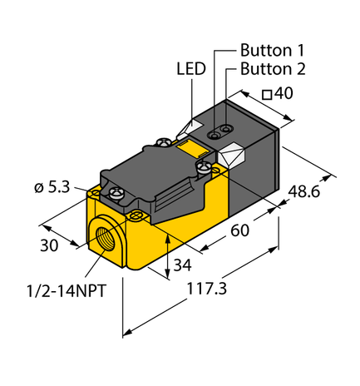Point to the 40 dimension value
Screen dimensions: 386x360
[284, 94]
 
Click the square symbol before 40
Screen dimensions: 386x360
[267, 95]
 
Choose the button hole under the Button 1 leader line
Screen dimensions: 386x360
[214, 134]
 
